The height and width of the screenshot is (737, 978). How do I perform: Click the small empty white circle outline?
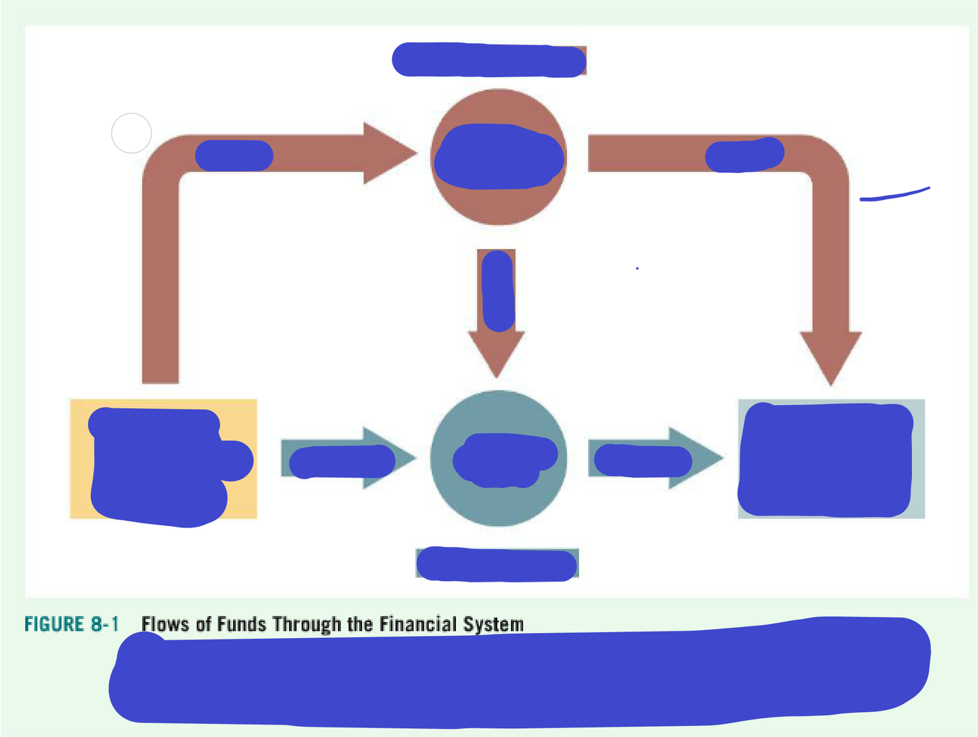tap(131, 133)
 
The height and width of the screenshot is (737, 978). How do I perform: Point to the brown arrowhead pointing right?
tap(389, 154)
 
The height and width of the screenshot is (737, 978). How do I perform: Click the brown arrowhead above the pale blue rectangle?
tap(831, 355)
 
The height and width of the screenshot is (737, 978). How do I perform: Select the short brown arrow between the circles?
tap(496, 352)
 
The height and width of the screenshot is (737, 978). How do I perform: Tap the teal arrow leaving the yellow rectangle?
tap(389, 458)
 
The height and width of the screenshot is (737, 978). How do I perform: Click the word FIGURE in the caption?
tap(54, 624)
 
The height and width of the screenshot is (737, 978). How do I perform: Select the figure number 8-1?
tap(105, 624)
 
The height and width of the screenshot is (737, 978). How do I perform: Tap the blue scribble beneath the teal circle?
tap(496, 564)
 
